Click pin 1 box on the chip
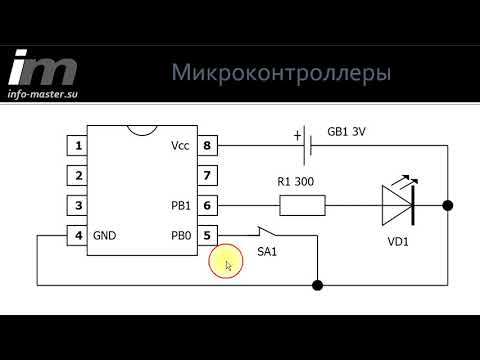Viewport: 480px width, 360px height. click(76, 146)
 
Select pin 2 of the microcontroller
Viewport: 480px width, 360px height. click(76, 176)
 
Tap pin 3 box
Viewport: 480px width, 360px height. click(76, 206)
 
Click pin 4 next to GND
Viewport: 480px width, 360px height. click(76, 236)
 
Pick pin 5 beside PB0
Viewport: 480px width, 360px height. click(208, 236)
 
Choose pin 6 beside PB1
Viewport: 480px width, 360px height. click(208, 206)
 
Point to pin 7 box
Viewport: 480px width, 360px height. click(208, 176)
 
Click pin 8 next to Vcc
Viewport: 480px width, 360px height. click(208, 146)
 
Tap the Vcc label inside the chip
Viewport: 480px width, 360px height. click(180, 146)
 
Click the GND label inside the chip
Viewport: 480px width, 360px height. click(105, 236)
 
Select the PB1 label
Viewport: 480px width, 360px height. click(180, 206)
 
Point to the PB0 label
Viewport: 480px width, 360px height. click(180, 236)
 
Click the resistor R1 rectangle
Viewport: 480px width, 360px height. click(301, 206)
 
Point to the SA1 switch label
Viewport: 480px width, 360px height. click(268, 250)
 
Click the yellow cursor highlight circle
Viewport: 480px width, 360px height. click(225, 264)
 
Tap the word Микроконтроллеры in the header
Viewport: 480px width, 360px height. click(281, 73)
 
